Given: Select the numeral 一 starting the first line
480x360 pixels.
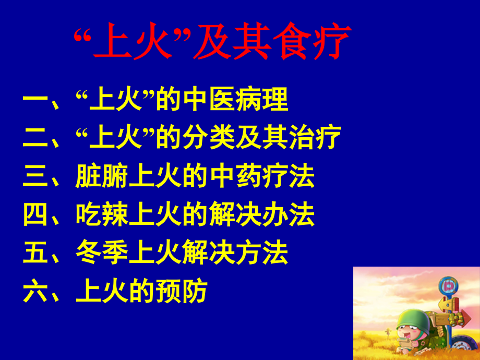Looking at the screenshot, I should point(35,100).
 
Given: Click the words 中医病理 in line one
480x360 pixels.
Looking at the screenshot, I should point(235,100).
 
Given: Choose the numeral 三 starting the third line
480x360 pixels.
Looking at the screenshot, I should point(35,176).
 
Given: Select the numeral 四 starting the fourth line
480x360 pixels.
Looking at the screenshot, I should point(35,214).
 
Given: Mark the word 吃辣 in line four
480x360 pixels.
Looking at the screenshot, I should point(102,214).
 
